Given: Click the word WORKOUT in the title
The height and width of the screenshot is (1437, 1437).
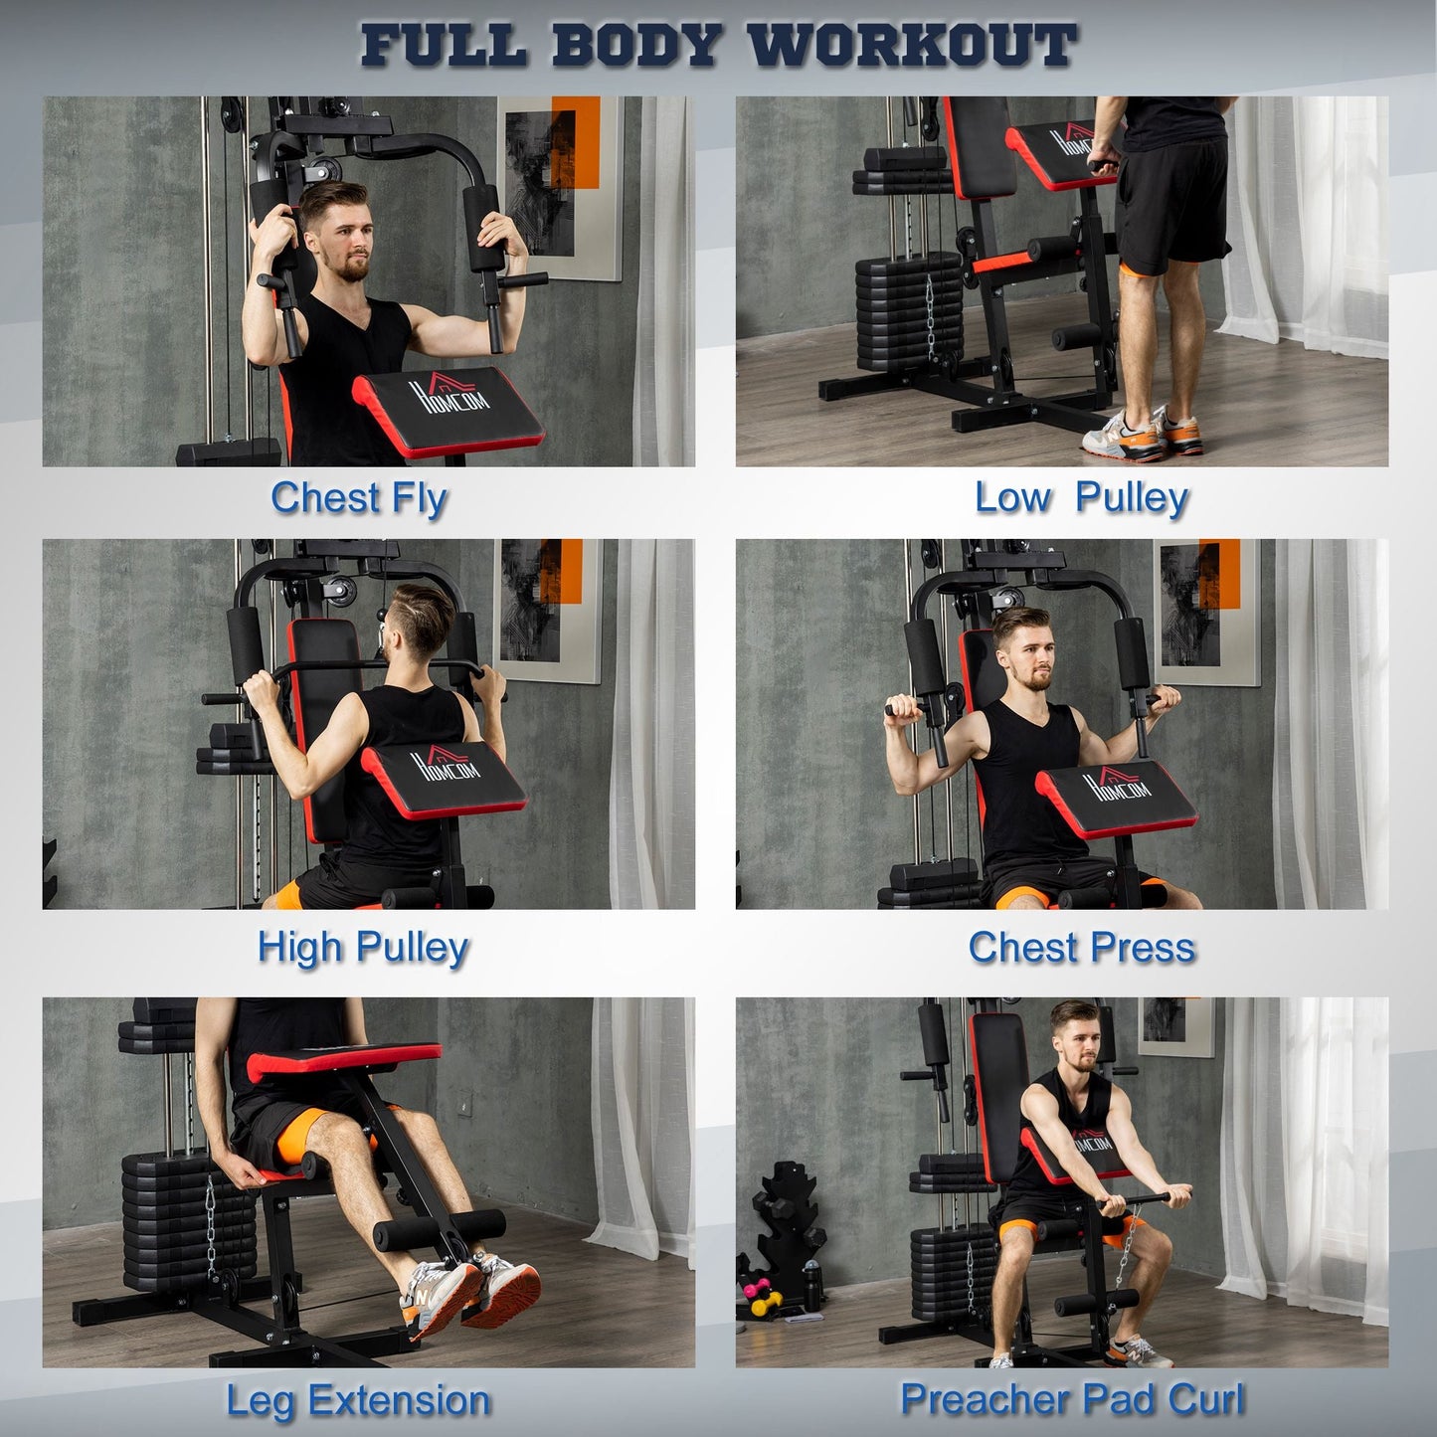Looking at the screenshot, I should (x=911, y=46).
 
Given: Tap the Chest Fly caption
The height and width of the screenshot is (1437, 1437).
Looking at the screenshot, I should (x=359, y=498).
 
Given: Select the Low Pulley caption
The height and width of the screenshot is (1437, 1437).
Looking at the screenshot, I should (x=1081, y=497).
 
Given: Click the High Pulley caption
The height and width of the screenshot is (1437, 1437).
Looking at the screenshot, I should (x=363, y=947).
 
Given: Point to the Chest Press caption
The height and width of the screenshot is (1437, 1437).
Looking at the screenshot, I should (x=1081, y=948).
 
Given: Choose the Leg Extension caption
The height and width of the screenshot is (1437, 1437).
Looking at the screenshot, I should (x=358, y=1400).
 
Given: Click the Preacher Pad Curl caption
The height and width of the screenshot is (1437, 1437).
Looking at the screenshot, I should (x=1072, y=1399).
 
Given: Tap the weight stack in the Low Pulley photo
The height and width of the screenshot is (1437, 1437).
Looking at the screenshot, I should (x=908, y=308).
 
